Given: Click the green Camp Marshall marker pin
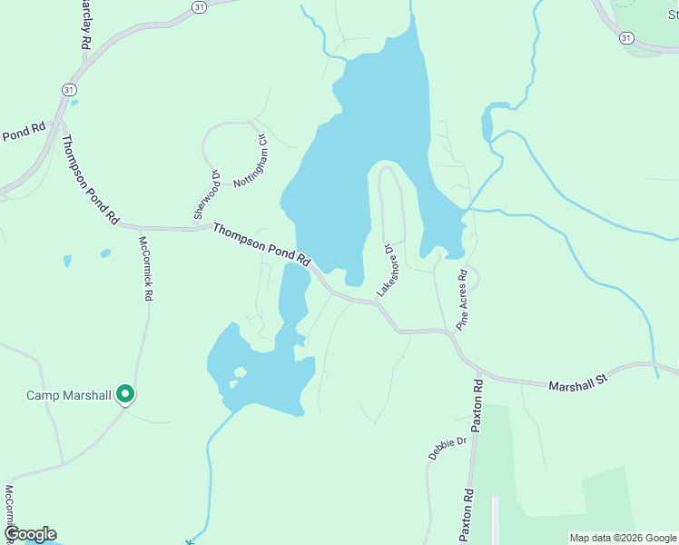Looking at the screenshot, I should (x=126, y=394).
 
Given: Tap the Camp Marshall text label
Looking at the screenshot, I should (x=68, y=395).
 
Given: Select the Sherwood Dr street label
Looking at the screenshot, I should (x=207, y=193).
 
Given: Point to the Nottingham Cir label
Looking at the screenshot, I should (x=249, y=162).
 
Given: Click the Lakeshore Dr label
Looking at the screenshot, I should (x=388, y=270).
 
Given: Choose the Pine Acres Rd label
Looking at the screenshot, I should (x=462, y=299).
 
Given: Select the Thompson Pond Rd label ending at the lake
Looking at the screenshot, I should (x=261, y=245).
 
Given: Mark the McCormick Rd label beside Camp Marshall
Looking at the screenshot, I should (x=144, y=268).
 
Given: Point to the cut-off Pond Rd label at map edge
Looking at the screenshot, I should (x=23, y=132).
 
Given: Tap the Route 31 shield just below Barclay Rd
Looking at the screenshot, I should (x=69, y=89).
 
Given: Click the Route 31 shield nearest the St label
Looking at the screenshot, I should (x=626, y=38).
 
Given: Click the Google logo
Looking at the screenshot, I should (x=29, y=534).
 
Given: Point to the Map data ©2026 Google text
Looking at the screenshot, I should (x=623, y=538).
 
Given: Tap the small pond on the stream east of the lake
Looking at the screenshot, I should (x=492, y=119).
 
